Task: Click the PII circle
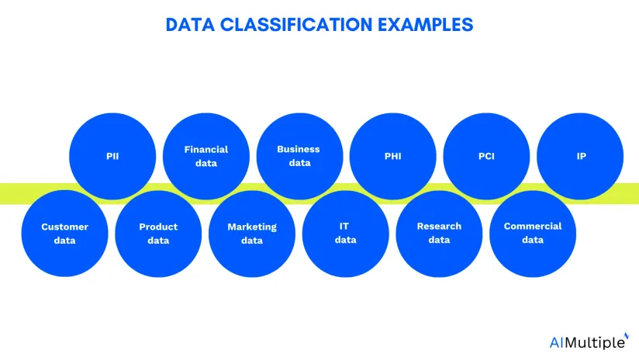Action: click(x=112, y=156)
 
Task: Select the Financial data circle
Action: click(x=206, y=156)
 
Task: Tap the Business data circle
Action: click(x=299, y=156)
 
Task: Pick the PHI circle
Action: click(x=393, y=156)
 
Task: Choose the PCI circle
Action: click(x=486, y=156)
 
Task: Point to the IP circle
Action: click(x=580, y=156)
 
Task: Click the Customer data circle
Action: click(x=65, y=234)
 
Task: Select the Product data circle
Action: click(x=158, y=234)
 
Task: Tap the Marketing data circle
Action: click(x=252, y=234)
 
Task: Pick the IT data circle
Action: click(x=346, y=234)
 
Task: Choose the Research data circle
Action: click(x=439, y=234)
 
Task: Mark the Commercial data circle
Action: click(x=533, y=234)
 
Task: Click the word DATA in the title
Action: click(x=190, y=25)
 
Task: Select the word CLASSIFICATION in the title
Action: click(x=296, y=25)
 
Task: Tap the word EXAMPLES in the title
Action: click(x=426, y=25)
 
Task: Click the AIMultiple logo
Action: click(x=589, y=341)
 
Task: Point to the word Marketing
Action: click(x=252, y=227)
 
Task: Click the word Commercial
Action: click(x=533, y=227)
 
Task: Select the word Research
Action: click(x=439, y=227)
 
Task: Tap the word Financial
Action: click(x=206, y=150)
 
